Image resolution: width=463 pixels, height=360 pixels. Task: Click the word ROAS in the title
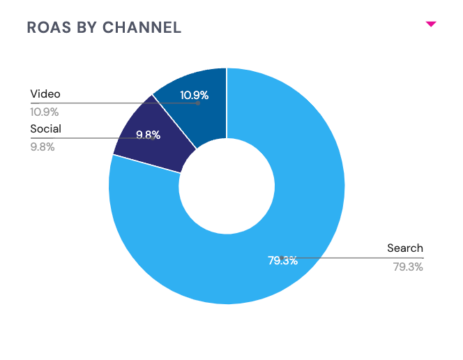pos(49,28)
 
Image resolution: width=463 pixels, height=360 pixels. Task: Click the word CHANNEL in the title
pos(142,28)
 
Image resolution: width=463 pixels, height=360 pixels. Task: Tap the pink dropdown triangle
pos(431,24)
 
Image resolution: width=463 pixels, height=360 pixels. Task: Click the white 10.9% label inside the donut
pos(195,95)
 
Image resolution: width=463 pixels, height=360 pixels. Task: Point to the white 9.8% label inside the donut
pos(148,135)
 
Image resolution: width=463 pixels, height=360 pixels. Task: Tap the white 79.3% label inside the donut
pos(282,260)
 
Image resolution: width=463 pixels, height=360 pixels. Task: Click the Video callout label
pos(45,94)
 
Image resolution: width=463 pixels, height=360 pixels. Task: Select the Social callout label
pos(46,129)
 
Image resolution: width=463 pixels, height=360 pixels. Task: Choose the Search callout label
pos(405,248)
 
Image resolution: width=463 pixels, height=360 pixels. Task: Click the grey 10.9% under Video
pos(45,112)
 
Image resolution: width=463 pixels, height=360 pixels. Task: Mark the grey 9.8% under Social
pos(43,147)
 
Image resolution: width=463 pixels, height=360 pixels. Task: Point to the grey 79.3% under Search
pos(408,267)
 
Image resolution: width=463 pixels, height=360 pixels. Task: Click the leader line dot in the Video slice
pos(198,103)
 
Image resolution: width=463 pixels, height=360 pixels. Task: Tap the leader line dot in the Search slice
pos(282,258)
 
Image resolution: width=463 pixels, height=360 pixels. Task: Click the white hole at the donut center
pos(227,186)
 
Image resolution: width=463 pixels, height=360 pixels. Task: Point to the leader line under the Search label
pos(353,258)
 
